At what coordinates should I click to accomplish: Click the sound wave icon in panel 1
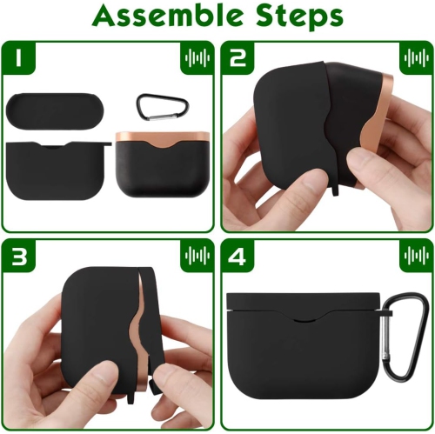(x=196, y=58)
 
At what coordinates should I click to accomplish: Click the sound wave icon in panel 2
(x=415, y=58)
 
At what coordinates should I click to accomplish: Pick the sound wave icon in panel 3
(x=196, y=258)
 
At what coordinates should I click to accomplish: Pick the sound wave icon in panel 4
(x=415, y=258)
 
